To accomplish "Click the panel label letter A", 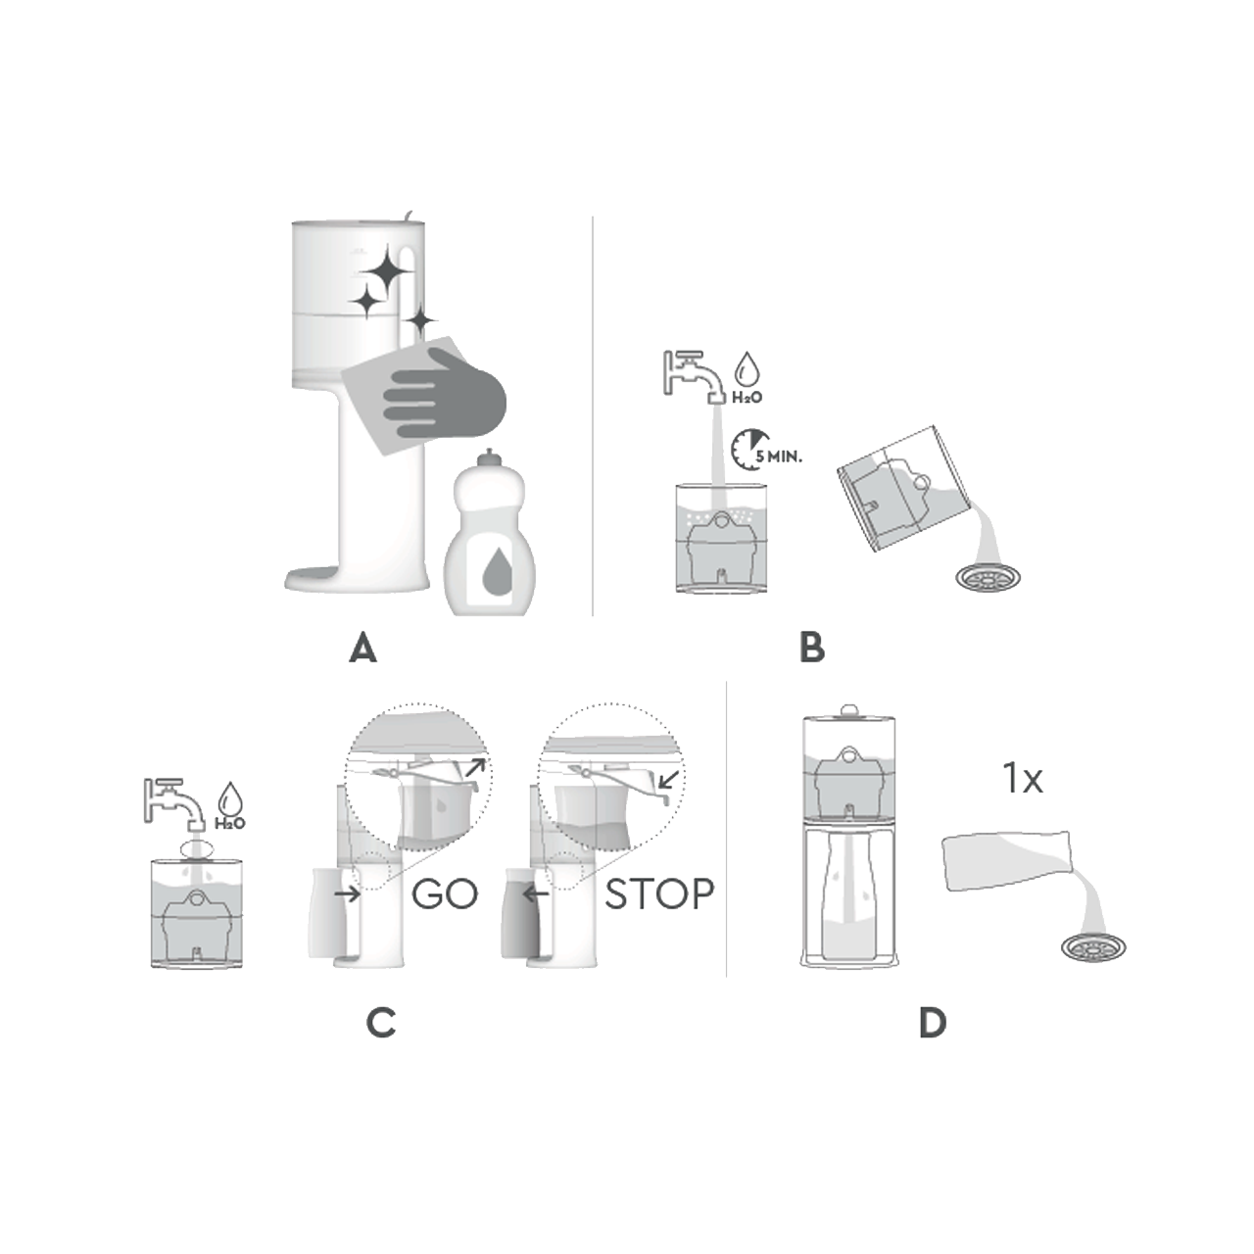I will pos(363,649).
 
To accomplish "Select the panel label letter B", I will pos(812,649).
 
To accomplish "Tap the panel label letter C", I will pos(381,1023).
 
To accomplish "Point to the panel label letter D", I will pos(933,1023).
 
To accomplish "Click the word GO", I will pos(445,894).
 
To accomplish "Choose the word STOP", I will pos(658,894).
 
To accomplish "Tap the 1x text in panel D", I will pos(1023,780).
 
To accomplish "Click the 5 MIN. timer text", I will pos(778,456).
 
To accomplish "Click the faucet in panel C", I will pos(175,802).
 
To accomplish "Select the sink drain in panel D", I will pos(1093,947).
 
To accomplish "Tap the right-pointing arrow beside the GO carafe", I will pos(347,893).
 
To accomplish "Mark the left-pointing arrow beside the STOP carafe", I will pos(535,893).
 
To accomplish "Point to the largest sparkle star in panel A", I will pos(384,267).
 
